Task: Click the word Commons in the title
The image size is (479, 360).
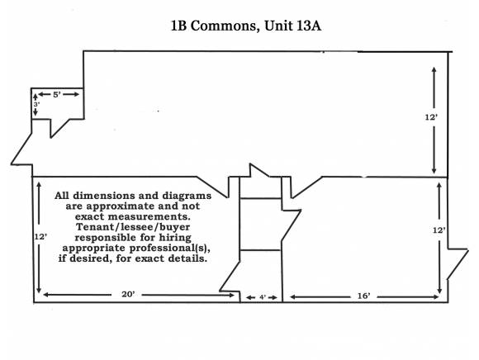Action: pos(223,26)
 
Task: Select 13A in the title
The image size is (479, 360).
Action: pos(309,26)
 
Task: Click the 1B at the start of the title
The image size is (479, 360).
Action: pos(179,26)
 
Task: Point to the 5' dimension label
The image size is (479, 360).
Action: pos(57,95)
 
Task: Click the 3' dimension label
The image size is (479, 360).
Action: pos(36,104)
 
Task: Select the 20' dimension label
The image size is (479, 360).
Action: pos(128,294)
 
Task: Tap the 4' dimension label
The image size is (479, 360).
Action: pos(263,297)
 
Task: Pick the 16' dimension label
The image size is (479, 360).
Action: pos(364,296)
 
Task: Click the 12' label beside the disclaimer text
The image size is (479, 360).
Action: pos(40,237)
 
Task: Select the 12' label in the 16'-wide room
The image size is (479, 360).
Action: pos(439,230)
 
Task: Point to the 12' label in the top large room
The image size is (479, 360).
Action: pos(431,117)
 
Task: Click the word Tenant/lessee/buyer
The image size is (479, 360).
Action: pos(133,227)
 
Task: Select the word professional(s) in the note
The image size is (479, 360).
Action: pos(169,248)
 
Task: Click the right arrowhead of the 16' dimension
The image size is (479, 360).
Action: pos(435,296)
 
